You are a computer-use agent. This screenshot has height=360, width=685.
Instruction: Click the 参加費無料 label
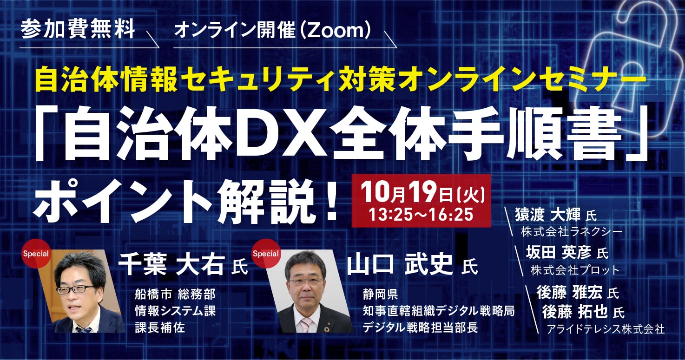pyautogui.click(x=78, y=29)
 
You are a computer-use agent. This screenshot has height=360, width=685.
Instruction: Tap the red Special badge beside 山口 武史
pyautogui.click(x=265, y=254)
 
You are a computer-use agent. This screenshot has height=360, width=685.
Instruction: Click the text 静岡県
pyautogui.click(x=379, y=294)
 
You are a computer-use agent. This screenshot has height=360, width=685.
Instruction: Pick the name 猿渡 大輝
pyautogui.click(x=549, y=215)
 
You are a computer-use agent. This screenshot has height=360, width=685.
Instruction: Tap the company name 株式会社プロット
pyautogui.click(x=575, y=269)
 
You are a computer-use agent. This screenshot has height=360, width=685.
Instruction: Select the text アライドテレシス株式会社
pyautogui.click(x=606, y=329)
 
